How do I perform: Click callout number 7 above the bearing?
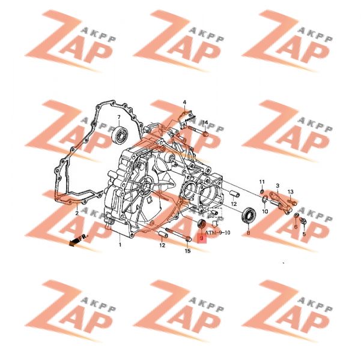(x=119, y=118)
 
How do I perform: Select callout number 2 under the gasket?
(x=77, y=213)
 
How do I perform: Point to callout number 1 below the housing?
(x=120, y=245)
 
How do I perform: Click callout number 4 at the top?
(x=184, y=102)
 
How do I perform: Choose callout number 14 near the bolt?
(x=205, y=122)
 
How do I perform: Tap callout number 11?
(x=262, y=182)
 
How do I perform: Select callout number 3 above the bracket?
(x=278, y=185)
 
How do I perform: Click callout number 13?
(x=291, y=191)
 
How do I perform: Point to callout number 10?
(x=265, y=211)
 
